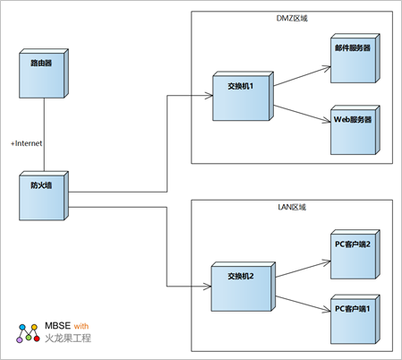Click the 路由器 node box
[44, 73]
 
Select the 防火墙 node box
[44, 196]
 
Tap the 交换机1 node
[243, 96]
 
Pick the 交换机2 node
[243, 287]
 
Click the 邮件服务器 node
[355, 58]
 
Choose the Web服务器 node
[355, 130]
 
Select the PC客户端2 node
[355, 254]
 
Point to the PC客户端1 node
[355, 319]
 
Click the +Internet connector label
[27, 143]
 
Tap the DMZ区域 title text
[292, 19]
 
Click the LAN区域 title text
[292, 207]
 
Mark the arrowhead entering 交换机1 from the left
[209, 96]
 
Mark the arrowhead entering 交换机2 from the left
[208, 287]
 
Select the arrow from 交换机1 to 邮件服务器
[302, 76]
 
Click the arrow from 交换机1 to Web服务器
[302, 114]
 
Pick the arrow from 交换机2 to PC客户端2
[303, 270]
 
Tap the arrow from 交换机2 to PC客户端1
[303, 304]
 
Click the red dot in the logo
[37, 339]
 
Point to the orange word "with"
[81, 326]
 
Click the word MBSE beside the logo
[57, 326]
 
